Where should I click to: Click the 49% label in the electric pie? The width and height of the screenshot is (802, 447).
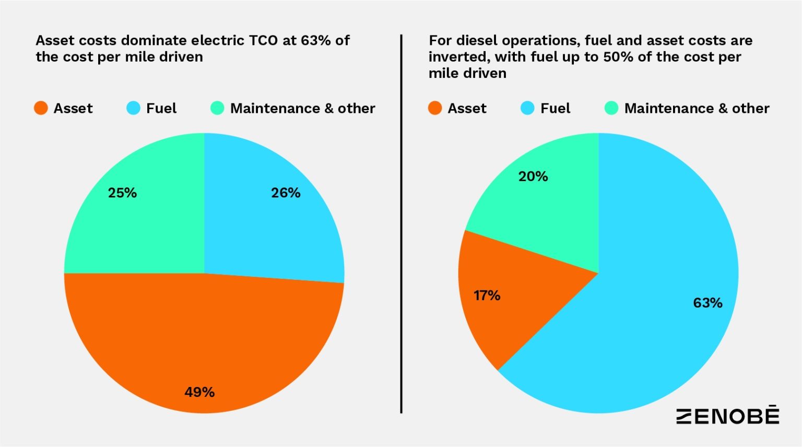click(199, 392)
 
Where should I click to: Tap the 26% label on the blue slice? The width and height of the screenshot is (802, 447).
click(286, 193)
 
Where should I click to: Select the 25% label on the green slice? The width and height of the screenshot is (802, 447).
click(122, 193)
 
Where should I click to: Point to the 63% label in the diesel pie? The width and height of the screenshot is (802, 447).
click(707, 303)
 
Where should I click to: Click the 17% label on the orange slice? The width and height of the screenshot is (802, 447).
click(487, 296)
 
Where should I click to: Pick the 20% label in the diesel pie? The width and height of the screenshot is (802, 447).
click(533, 177)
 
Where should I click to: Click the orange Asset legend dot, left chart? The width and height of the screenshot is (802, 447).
click(41, 108)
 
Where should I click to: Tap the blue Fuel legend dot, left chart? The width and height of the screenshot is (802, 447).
click(134, 108)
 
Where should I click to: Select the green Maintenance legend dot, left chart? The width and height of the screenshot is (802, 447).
click(217, 108)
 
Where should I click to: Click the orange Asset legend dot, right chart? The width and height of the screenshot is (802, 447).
click(435, 108)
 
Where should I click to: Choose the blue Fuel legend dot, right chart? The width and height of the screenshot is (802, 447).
click(528, 108)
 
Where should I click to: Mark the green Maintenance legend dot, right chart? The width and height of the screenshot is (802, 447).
click(611, 108)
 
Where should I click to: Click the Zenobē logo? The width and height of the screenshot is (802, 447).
click(728, 416)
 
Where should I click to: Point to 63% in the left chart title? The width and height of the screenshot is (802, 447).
click(316, 41)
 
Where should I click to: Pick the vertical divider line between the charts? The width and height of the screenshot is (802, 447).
click(401, 225)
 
